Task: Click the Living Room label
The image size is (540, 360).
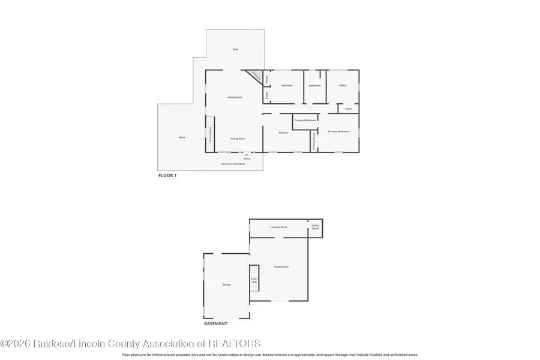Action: (235, 97)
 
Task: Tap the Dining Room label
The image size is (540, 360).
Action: (238, 139)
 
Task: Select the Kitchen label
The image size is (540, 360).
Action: (283, 133)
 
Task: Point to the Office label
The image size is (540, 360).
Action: (343, 85)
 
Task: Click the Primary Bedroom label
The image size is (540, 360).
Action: (338, 131)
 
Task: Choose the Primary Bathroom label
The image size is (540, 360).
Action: (305, 121)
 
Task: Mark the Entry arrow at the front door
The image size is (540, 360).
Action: (247, 155)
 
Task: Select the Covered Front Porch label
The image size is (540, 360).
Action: (233, 163)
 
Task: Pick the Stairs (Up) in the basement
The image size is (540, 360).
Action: (254, 279)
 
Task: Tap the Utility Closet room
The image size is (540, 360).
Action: (315, 228)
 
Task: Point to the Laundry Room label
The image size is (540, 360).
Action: (279, 227)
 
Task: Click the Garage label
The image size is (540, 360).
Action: (226, 284)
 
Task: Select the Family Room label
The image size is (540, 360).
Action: (281, 266)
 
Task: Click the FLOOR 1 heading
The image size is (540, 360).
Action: (167, 176)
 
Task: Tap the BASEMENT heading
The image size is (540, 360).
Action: (216, 323)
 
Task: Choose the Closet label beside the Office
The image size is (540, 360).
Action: (349, 109)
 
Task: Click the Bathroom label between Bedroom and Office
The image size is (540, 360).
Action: (315, 85)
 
